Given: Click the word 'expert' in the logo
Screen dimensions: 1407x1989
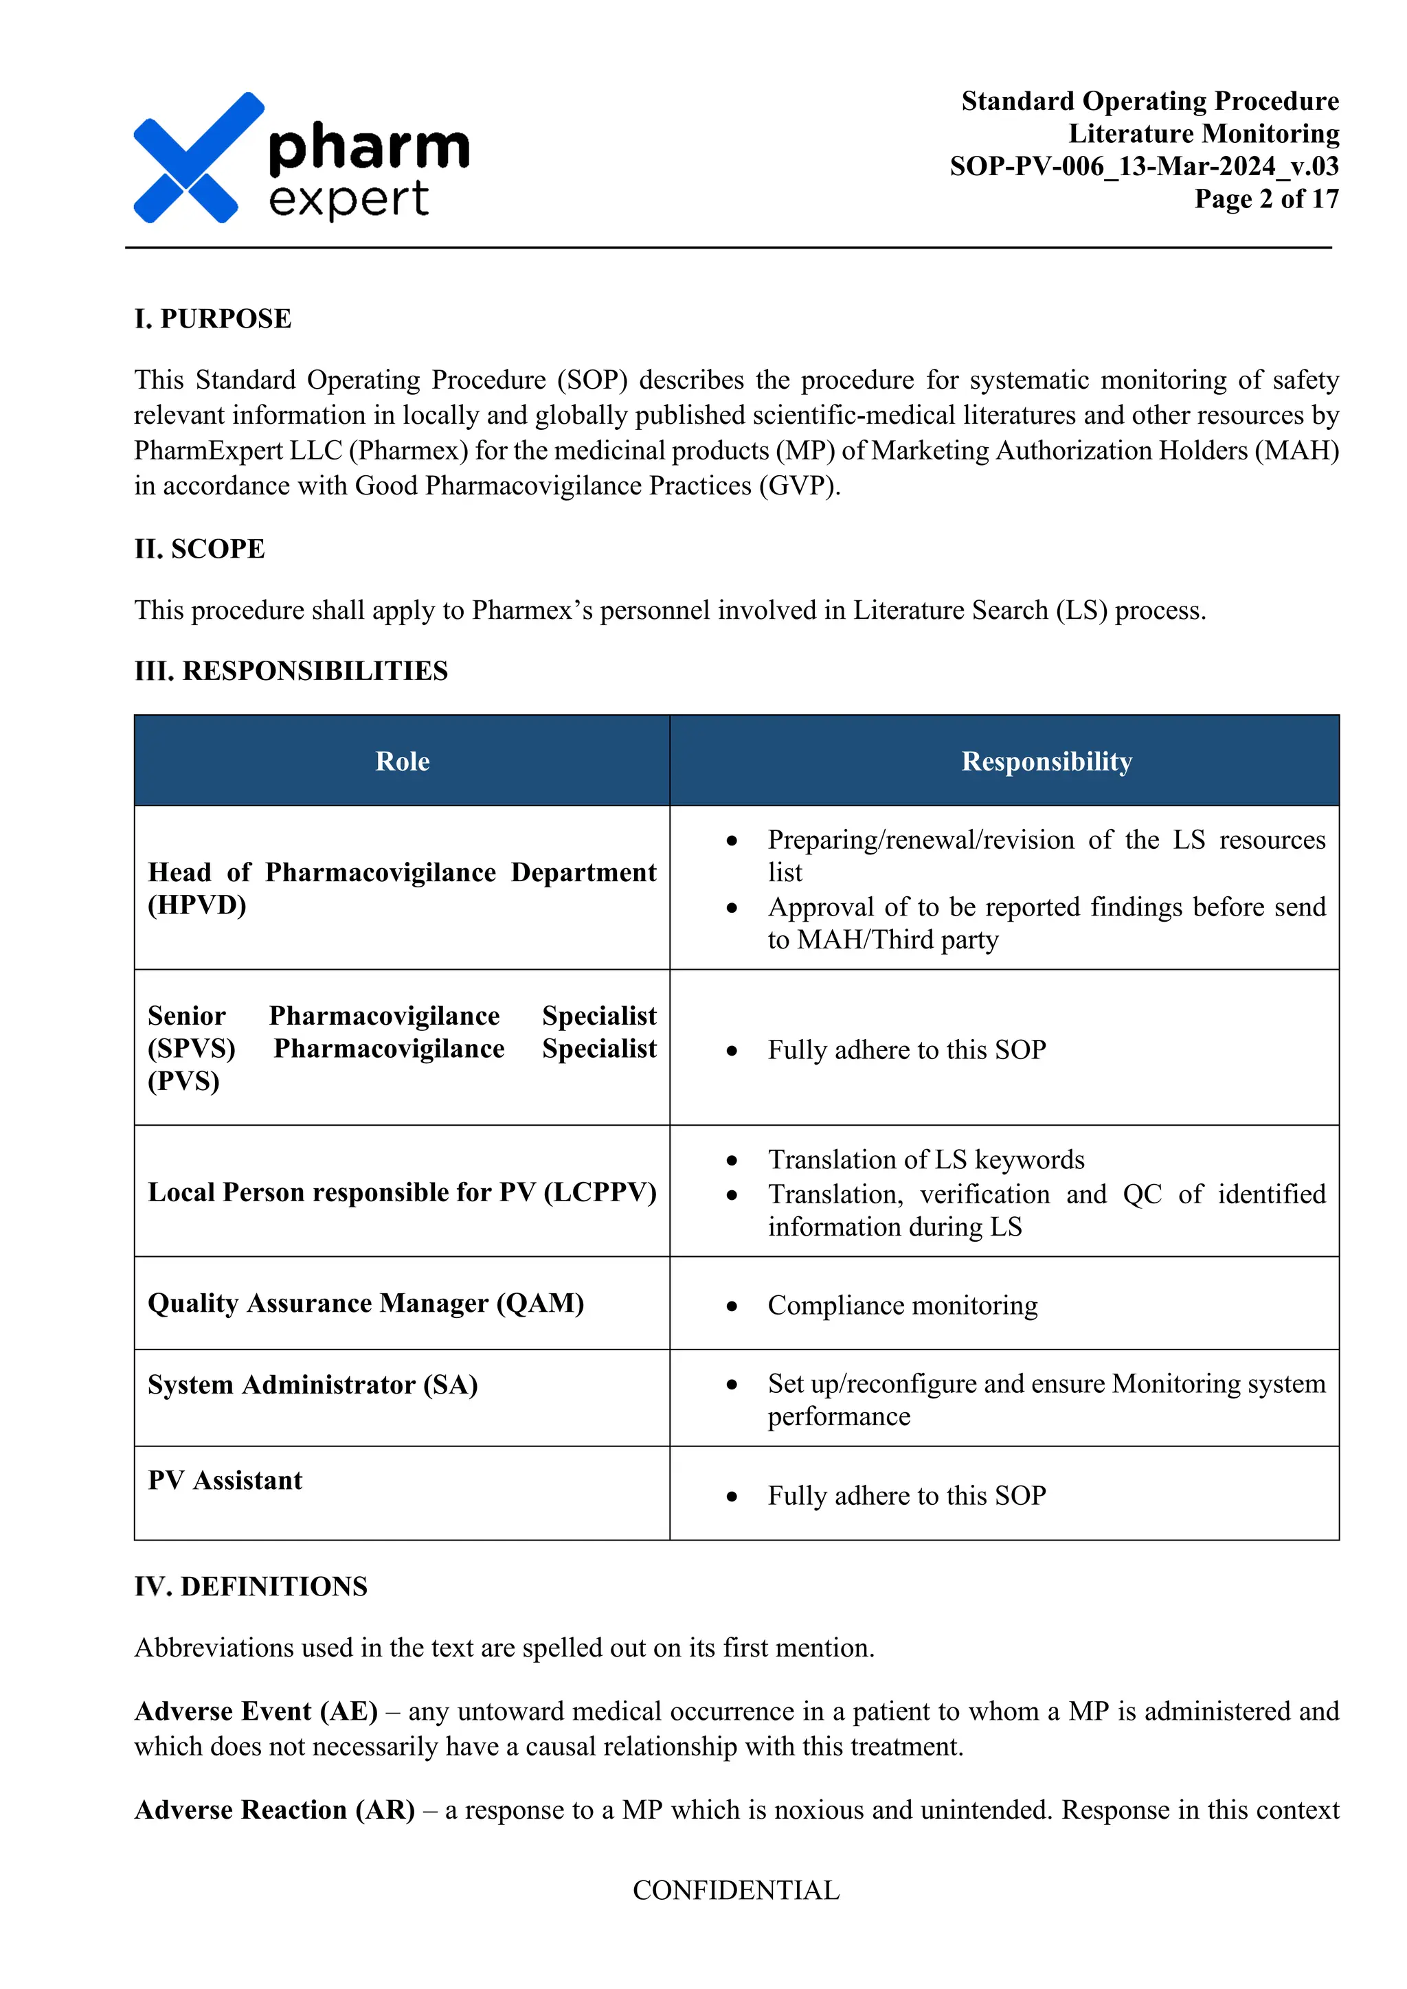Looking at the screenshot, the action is click(348, 200).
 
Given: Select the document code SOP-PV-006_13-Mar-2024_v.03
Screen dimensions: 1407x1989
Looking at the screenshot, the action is click(1144, 166).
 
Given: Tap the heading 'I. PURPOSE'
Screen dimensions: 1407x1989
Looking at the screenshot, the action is click(212, 319).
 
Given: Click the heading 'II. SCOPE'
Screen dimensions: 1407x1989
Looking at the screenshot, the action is click(199, 549).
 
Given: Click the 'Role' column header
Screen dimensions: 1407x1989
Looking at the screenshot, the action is click(402, 762).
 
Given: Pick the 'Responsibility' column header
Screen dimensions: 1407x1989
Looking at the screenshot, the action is click(1046, 762).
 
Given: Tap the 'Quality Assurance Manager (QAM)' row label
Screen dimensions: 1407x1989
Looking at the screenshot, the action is click(365, 1303).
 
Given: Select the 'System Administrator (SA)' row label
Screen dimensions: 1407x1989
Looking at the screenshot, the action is click(313, 1385).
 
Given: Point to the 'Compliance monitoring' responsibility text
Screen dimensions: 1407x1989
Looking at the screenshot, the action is click(902, 1306).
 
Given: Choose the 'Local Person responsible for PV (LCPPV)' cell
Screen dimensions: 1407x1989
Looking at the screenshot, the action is click(402, 1192).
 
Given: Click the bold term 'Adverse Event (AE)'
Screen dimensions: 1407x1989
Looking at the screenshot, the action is click(256, 1711).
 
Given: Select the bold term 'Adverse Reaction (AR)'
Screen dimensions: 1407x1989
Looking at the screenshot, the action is click(274, 1810).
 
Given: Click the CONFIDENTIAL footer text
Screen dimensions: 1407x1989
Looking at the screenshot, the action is click(736, 1890).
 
